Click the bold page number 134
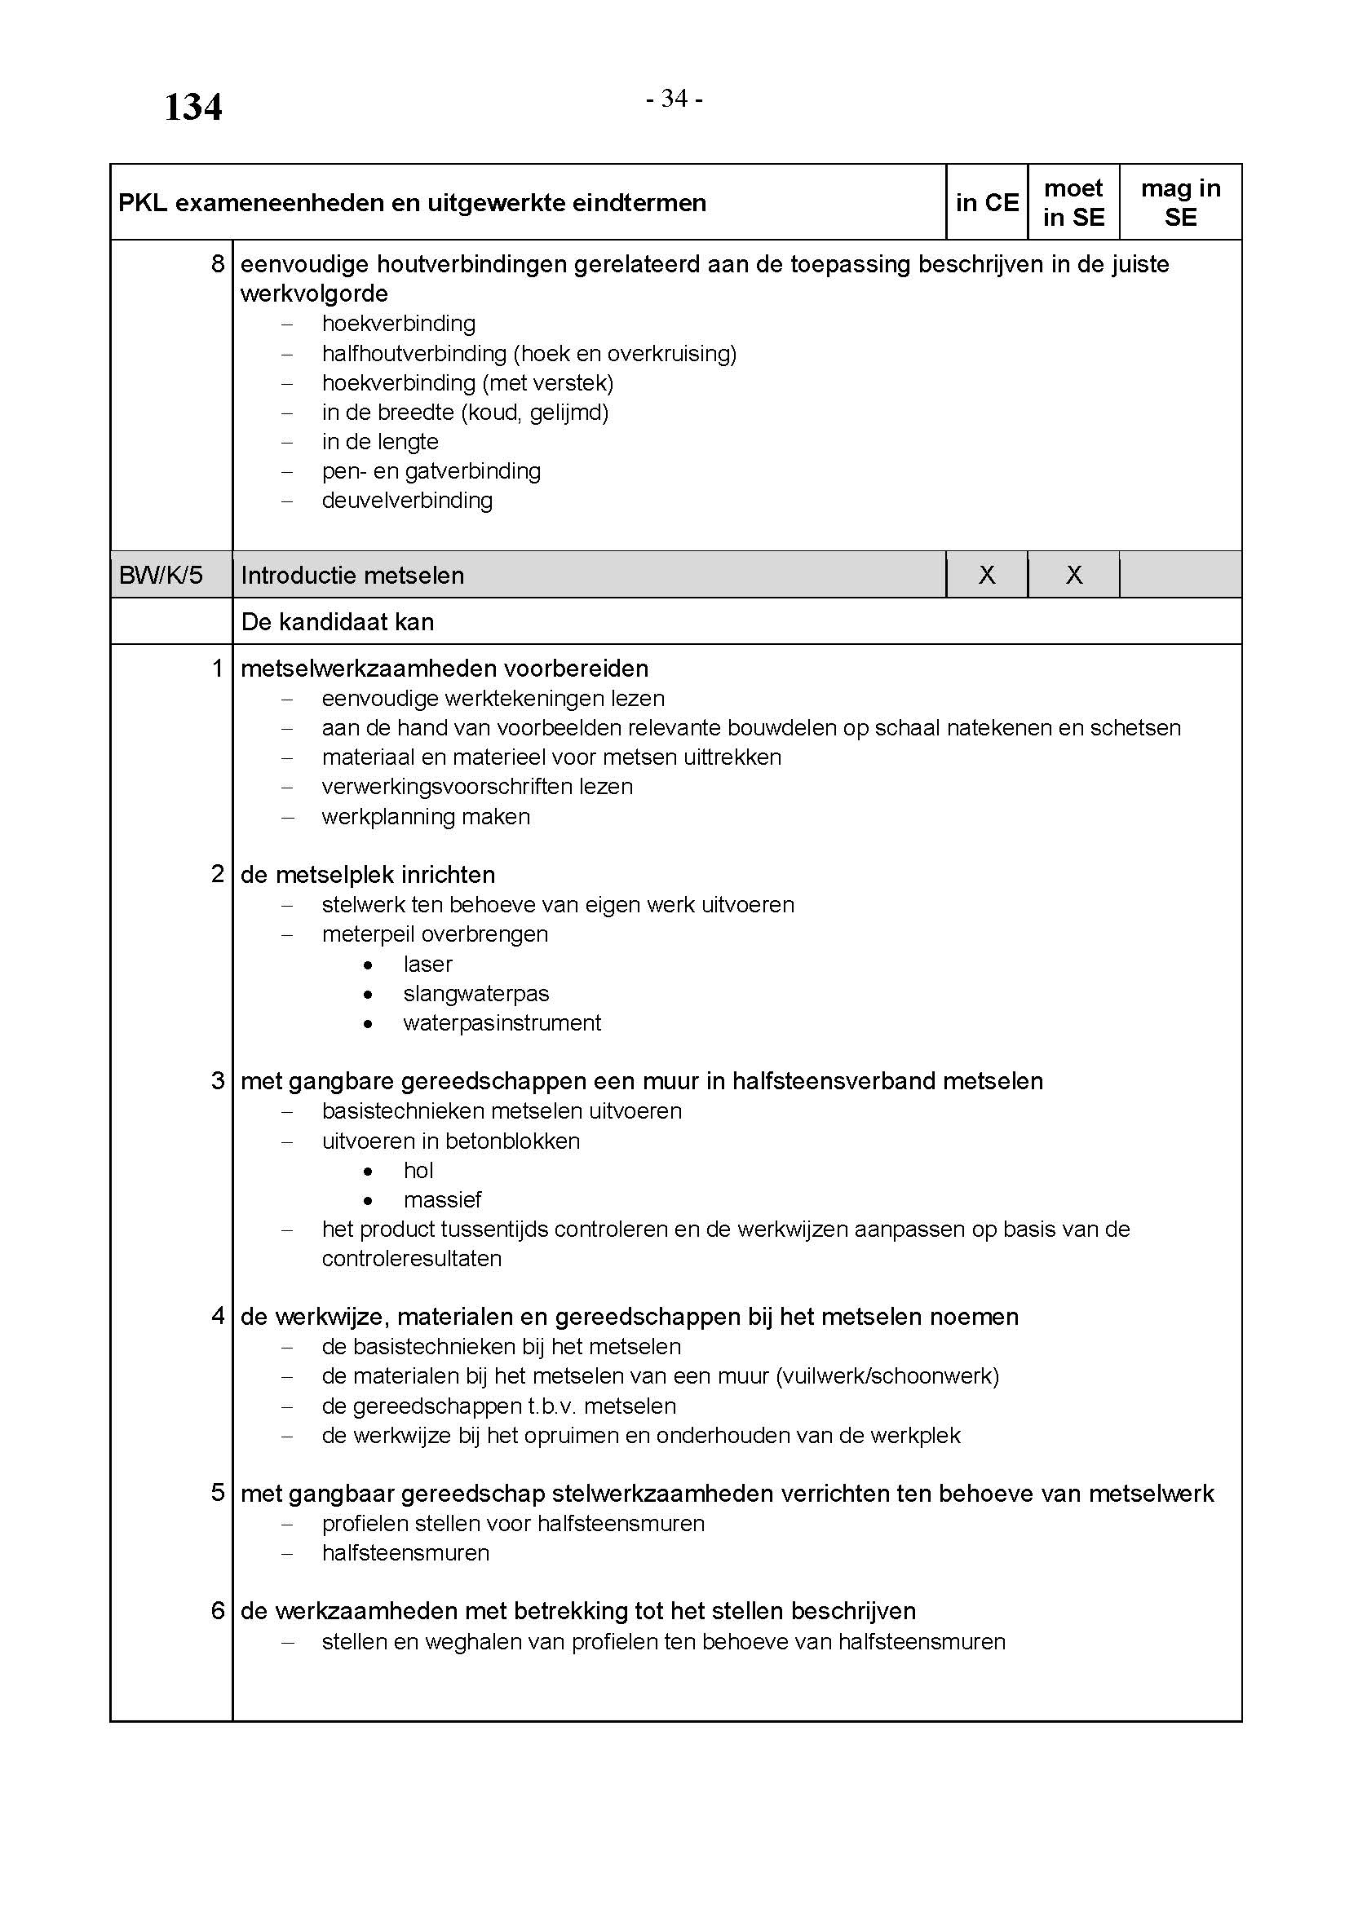pos(192,108)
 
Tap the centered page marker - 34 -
pos(674,99)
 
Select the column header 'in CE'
pos(987,203)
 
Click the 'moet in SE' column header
pos(1073,203)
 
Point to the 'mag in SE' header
pos(1180,203)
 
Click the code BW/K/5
pos(161,575)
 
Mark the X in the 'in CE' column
pos(987,575)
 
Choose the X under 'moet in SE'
pos(1073,575)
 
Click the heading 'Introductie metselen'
pos(352,575)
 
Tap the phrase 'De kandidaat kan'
pos(338,622)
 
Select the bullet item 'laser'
pos(428,964)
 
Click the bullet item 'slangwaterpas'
pos(476,993)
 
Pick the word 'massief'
pos(442,1199)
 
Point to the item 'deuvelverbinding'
pos(407,500)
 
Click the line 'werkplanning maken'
pos(425,816)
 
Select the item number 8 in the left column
pos(218,264)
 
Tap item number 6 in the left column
pos(218,1610)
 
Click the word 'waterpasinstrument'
pos(502,1022)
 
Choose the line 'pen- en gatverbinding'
pos(431,471)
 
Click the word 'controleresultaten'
pos(411,1258)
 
